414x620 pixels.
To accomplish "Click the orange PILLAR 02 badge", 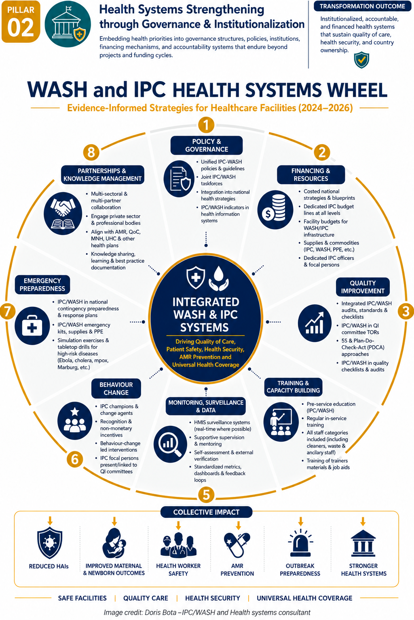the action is point(21,21).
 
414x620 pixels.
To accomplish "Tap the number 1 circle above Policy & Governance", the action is point(206,125).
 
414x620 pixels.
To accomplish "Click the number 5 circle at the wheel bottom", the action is point(206,494).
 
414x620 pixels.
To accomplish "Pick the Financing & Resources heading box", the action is point(311,175).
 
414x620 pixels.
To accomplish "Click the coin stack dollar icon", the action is point(275,209).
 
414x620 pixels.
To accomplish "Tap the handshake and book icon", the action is point(63,214).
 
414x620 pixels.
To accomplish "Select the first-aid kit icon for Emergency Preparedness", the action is point(32,326).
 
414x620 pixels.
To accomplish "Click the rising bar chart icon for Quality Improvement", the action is point(315,323).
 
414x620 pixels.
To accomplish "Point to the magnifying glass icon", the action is point(170,444).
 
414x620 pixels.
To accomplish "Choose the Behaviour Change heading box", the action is point(116,388).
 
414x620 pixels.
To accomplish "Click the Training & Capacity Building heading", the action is point(293,387).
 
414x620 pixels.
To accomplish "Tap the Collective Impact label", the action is point(206,512).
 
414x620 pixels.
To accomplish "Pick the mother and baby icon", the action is point(114,543).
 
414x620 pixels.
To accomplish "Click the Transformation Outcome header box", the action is point(362,6).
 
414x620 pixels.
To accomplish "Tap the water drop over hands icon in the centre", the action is point(219,278).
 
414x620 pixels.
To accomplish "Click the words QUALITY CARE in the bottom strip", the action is point(146,598).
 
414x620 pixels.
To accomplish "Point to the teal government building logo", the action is point(68,24).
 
